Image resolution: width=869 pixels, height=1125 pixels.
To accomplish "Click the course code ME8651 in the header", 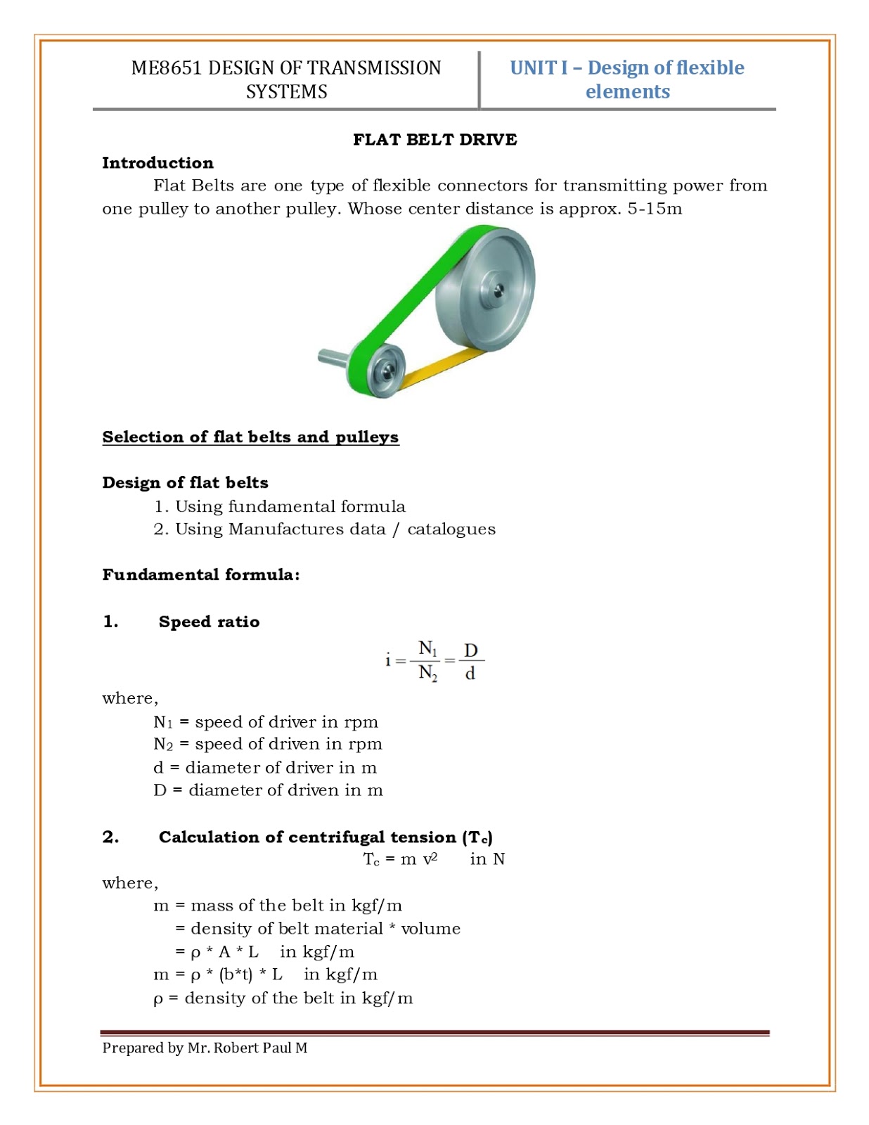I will coord(166,68).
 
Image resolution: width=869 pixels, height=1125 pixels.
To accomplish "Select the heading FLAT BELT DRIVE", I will coord(434,139).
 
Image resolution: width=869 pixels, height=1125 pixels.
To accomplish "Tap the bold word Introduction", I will coord(157,162).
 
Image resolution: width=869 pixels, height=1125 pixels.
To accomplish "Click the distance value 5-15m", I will coord(654,209).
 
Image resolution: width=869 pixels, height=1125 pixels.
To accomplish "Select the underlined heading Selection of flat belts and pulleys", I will coord(250,437).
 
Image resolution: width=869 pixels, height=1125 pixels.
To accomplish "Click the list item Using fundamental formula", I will coord(290,506).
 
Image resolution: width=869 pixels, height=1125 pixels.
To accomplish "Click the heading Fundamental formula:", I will coord(201,574).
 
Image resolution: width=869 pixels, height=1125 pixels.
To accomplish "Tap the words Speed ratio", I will coord(209,622).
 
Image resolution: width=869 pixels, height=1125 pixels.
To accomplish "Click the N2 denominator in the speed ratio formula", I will coord(427,674).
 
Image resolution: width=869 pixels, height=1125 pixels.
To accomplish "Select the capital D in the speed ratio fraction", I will coord(470,650).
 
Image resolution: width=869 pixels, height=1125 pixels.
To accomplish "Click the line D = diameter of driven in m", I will coord(268,790).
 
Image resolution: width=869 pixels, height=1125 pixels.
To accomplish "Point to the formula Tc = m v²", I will coord(400,859).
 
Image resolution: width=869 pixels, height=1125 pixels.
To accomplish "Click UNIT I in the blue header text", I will coord(538,68).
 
